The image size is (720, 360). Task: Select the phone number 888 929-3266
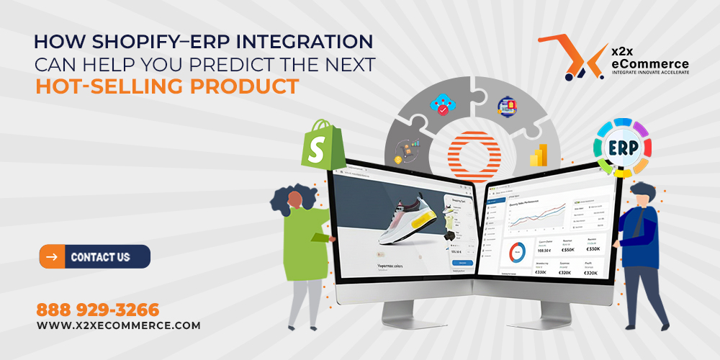click(x=97, y=310)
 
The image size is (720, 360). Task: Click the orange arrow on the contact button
click(x=51, y=256)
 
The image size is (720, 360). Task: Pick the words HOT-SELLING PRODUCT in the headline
click(x=167, y=86)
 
